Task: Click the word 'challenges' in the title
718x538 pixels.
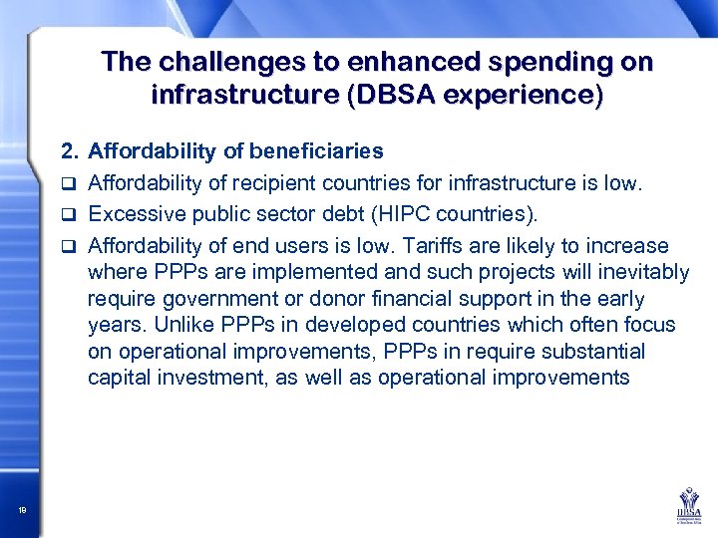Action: coord(214,62)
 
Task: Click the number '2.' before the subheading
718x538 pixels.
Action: coord(70,151)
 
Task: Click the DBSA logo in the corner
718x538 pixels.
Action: coord(687,504)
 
